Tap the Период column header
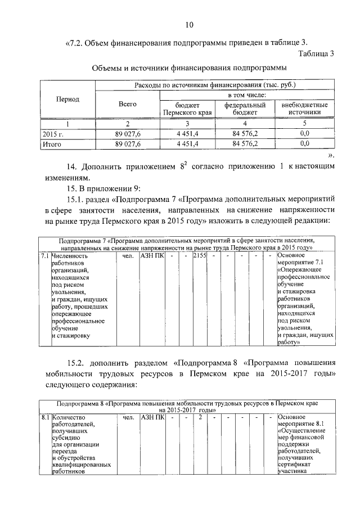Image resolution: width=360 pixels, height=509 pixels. click(x=67, y=99)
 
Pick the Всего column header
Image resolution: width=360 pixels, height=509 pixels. click(x=128, y=104)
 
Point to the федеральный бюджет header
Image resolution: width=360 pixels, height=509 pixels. click(x=245, y=109)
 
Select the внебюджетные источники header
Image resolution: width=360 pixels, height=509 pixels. click(x=305, y=109)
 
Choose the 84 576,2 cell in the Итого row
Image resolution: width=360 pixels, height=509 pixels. click(x=245, y=144)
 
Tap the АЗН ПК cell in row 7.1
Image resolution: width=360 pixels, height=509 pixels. click(x=151, y=256)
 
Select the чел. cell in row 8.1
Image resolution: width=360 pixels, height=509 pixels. click(x=128, y=418)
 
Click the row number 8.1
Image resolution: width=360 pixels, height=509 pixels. click(x=45, y=418)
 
